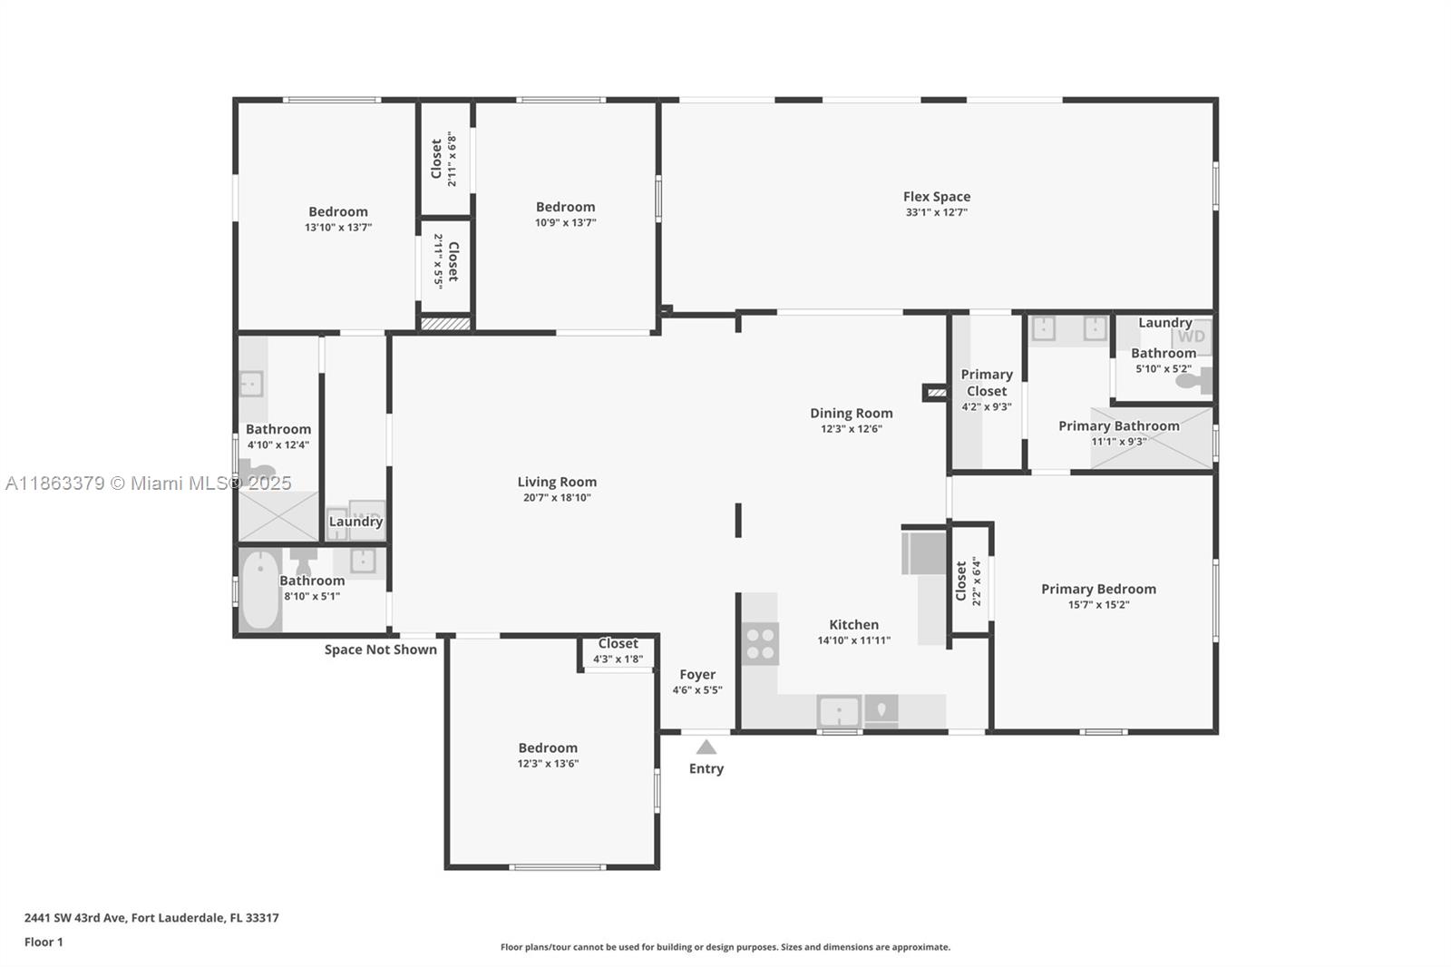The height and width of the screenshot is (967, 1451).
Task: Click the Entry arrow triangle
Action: coord(706,747)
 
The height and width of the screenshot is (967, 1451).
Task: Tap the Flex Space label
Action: coord(937,196)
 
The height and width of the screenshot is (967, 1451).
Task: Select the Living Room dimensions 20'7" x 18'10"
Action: coord(557,497)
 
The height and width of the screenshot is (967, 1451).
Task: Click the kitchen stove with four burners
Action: coord(760,643)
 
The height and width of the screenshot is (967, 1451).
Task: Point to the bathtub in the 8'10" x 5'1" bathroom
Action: coord(260,591)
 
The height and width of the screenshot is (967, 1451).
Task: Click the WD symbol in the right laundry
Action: coord(1191,337)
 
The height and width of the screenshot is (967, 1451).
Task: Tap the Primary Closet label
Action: coord(987,382)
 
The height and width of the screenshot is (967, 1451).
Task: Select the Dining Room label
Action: coord(851,413)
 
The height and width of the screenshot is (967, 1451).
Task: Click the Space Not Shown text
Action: coord(381,650)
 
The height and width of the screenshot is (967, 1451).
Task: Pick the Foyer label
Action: coord(697,674)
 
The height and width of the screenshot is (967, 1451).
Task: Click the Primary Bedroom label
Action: coord(1098,589)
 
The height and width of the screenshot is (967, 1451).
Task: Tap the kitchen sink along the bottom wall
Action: coord(839,711)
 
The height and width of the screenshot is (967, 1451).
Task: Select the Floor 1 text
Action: coord(44,942)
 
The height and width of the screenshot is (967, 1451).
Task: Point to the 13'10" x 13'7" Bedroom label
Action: coord(338,211)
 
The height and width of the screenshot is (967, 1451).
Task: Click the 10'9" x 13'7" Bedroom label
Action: coord(565,207)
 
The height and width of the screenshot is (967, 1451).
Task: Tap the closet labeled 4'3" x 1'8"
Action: coord(618,650)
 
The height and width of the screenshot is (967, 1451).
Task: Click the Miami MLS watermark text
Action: coord(149,483)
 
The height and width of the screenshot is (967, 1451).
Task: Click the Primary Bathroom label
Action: coord(1118,425)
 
